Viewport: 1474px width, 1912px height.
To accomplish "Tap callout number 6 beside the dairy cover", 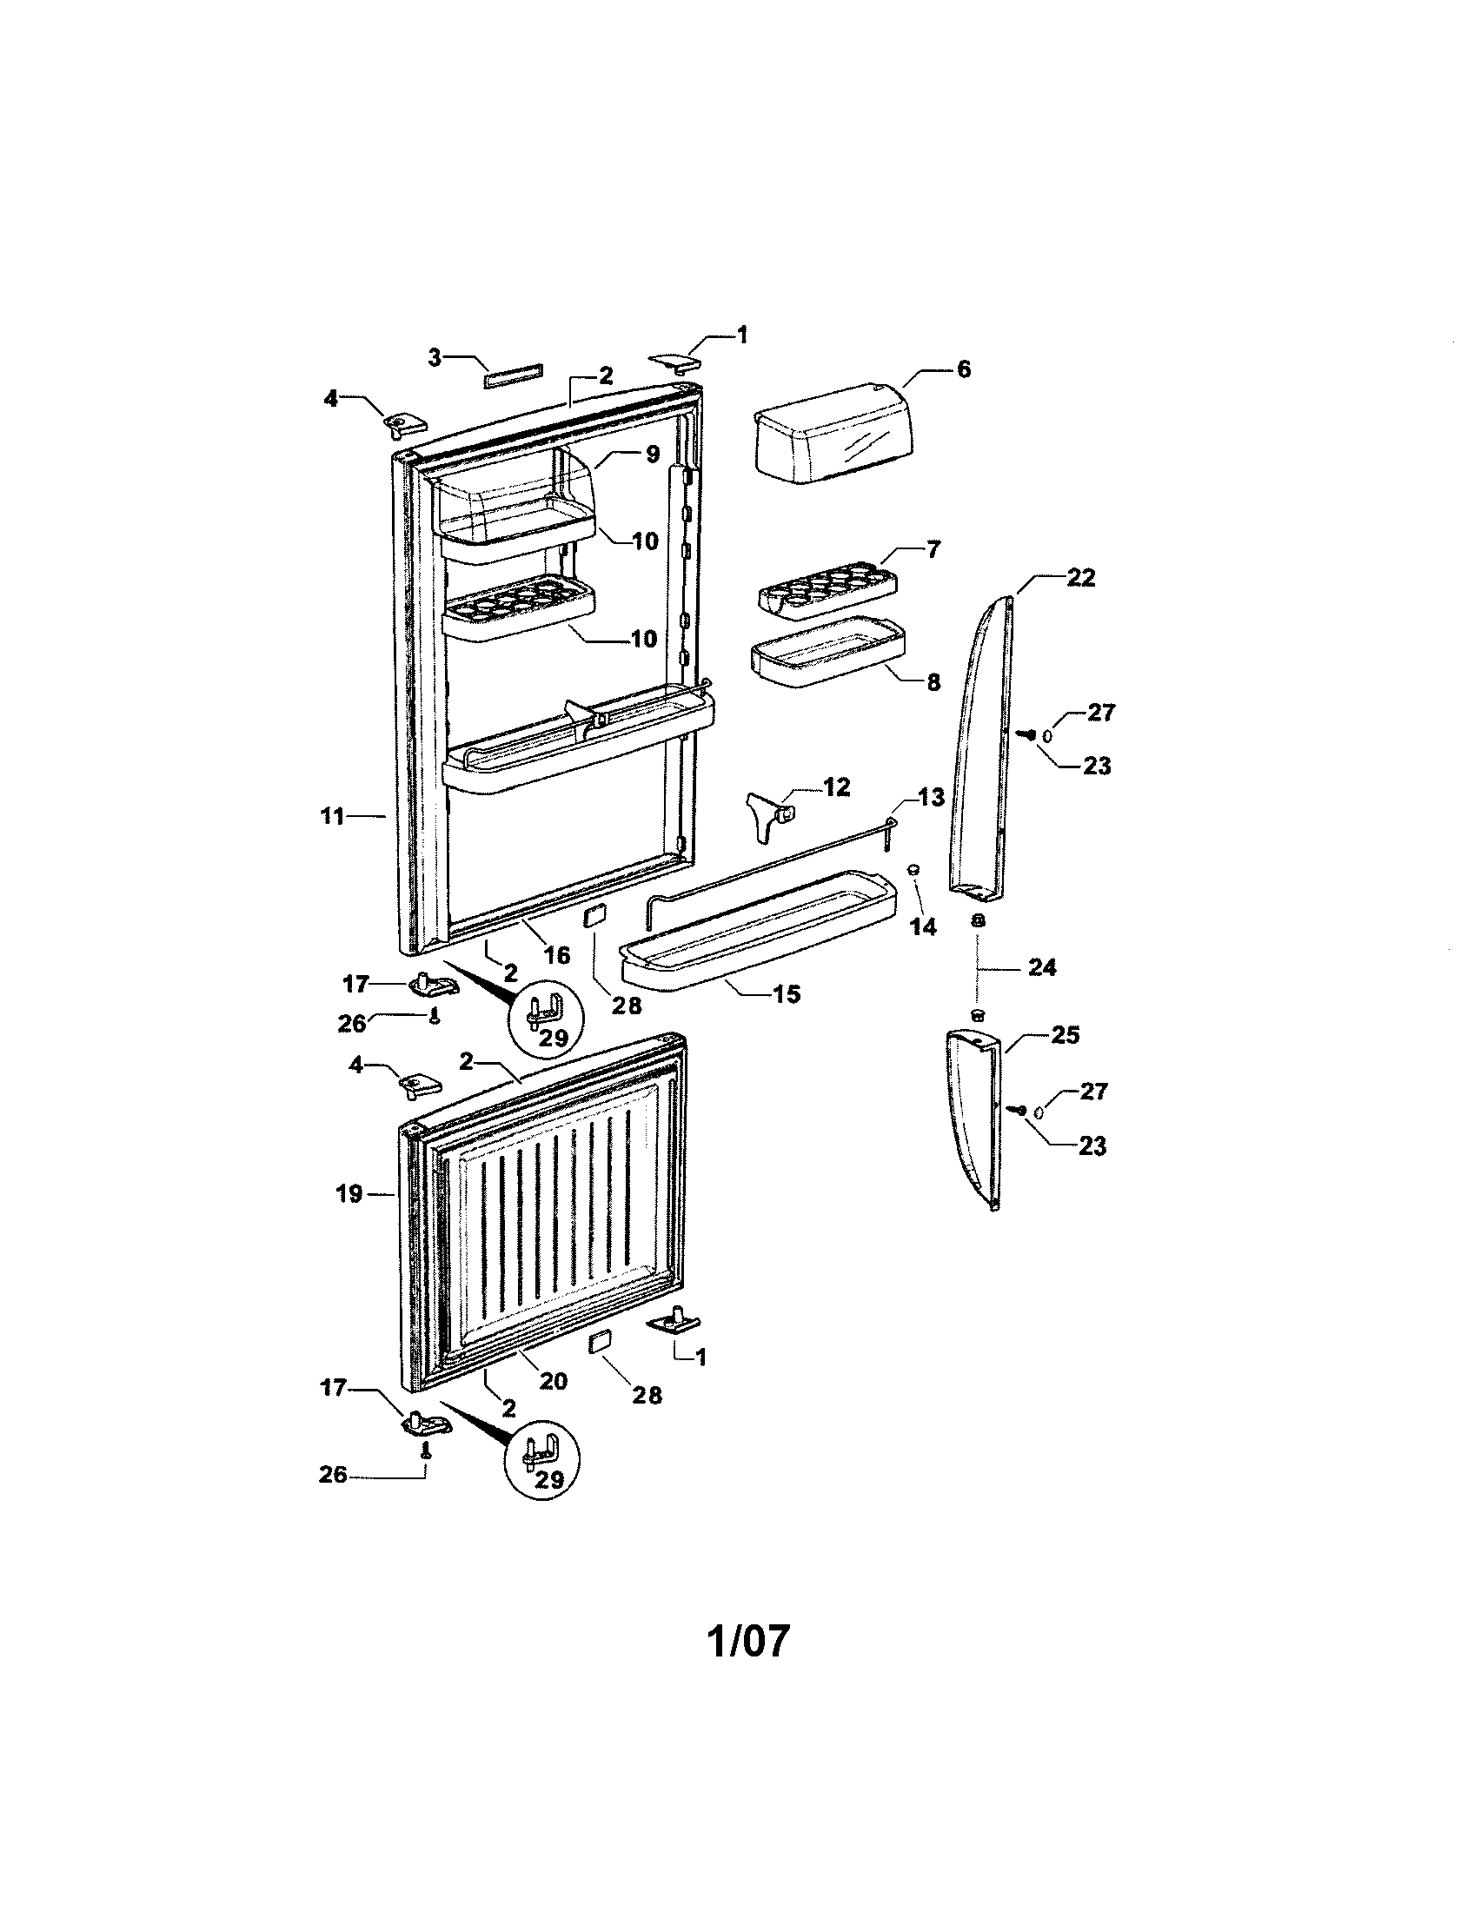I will [x=963, y=369].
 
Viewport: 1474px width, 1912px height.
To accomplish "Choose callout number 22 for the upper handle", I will [x=1081, y=578].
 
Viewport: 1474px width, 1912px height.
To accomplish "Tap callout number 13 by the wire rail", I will [x=931, y=797].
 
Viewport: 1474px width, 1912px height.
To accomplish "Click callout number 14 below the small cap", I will [x=924, y=926].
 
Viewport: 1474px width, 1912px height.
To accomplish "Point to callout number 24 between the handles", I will [x=1042, y=967].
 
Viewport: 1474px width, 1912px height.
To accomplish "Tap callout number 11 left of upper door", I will [x=332, y=817].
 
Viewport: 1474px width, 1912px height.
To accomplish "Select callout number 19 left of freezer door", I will [x=349, y=1193].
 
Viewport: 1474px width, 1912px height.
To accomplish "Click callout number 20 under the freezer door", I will [x=554, y=1381].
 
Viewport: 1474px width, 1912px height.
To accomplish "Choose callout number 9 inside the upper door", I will [x=652, y=456].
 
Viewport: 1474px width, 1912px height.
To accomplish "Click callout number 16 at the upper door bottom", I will [x=558, y=954].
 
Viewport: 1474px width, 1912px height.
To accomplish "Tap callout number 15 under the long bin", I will [x=787, y=993].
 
